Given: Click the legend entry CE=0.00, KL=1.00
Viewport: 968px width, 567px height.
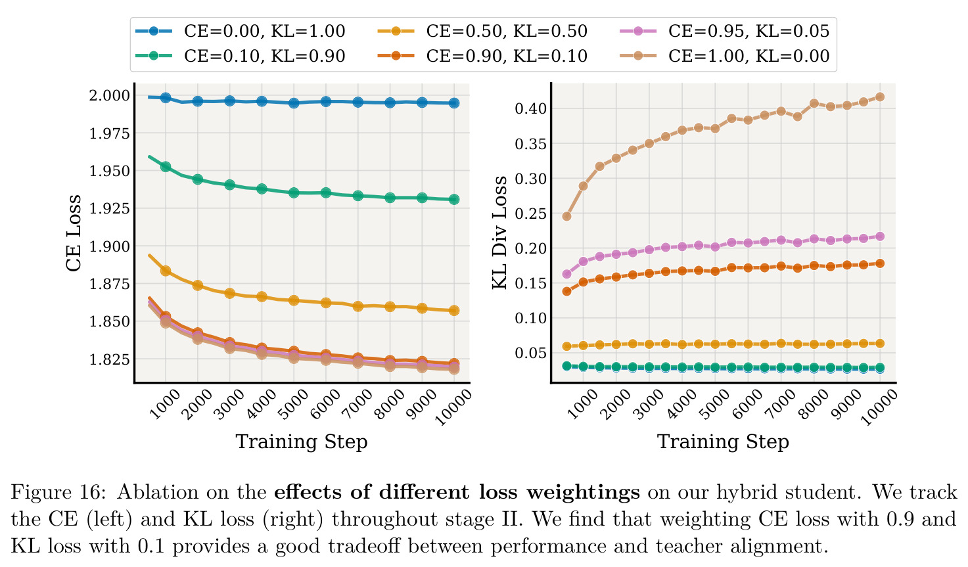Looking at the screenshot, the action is (241, 31).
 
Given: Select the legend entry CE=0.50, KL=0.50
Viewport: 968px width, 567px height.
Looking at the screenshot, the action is (482, 31).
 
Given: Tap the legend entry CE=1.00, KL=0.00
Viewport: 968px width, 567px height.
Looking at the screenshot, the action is (724, 57).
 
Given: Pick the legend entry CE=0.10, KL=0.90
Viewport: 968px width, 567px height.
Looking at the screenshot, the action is (241, 57).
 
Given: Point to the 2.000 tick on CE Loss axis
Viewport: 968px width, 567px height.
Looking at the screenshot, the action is (109, 95).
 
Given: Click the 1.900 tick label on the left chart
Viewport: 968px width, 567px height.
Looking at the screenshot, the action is (109, 247).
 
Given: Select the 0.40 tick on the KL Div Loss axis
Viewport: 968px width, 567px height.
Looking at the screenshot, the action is (531, 108).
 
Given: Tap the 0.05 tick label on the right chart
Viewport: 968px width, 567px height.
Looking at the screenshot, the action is (531, 353).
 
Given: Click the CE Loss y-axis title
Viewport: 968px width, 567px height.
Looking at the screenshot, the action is (74, 233).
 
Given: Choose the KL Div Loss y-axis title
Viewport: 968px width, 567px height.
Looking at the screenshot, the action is (499, 233).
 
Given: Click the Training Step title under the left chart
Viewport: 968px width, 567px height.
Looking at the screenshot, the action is (302, 442).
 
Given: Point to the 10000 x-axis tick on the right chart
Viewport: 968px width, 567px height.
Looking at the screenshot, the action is (879, 407).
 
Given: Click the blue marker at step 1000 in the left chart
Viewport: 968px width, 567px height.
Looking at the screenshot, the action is (166, 98).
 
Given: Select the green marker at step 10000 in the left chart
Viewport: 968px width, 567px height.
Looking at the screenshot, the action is (453, 199).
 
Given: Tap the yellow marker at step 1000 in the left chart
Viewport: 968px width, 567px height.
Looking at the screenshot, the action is (166, 271).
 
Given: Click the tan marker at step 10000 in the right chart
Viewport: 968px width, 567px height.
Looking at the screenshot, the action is (880, 97).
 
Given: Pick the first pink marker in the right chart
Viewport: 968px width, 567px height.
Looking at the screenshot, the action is (567, 274).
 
